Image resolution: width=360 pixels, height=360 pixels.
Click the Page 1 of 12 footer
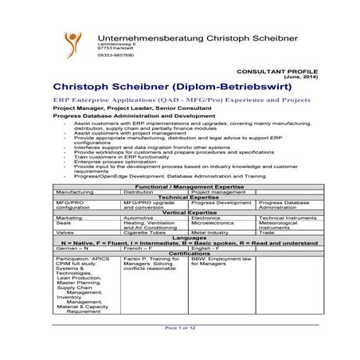click(180, 327)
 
